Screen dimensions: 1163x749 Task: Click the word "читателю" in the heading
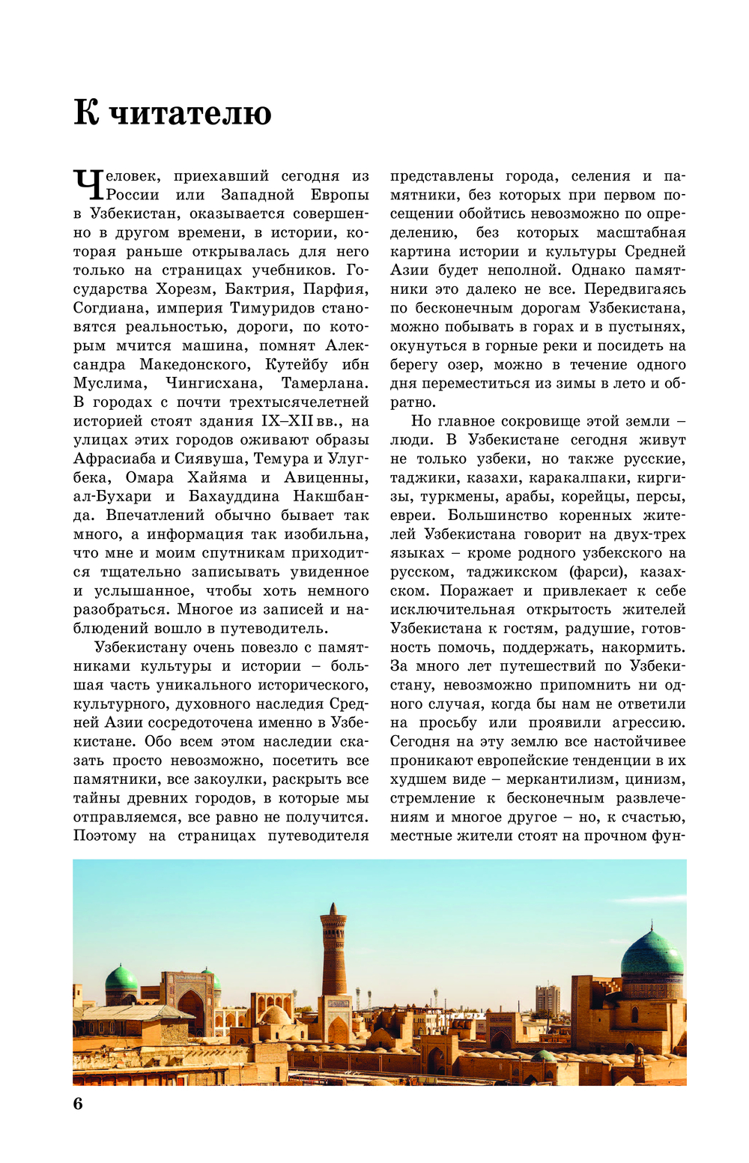pos(190,113)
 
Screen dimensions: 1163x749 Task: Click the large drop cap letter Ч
pos(87,184)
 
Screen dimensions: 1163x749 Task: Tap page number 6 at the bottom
pos(78,1103)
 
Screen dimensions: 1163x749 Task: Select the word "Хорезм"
pos(184,289)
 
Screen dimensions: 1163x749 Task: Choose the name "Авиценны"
pos(326,477)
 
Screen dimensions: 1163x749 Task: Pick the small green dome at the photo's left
pos(121,978)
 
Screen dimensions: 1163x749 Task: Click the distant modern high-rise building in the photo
pos(547,1000)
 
